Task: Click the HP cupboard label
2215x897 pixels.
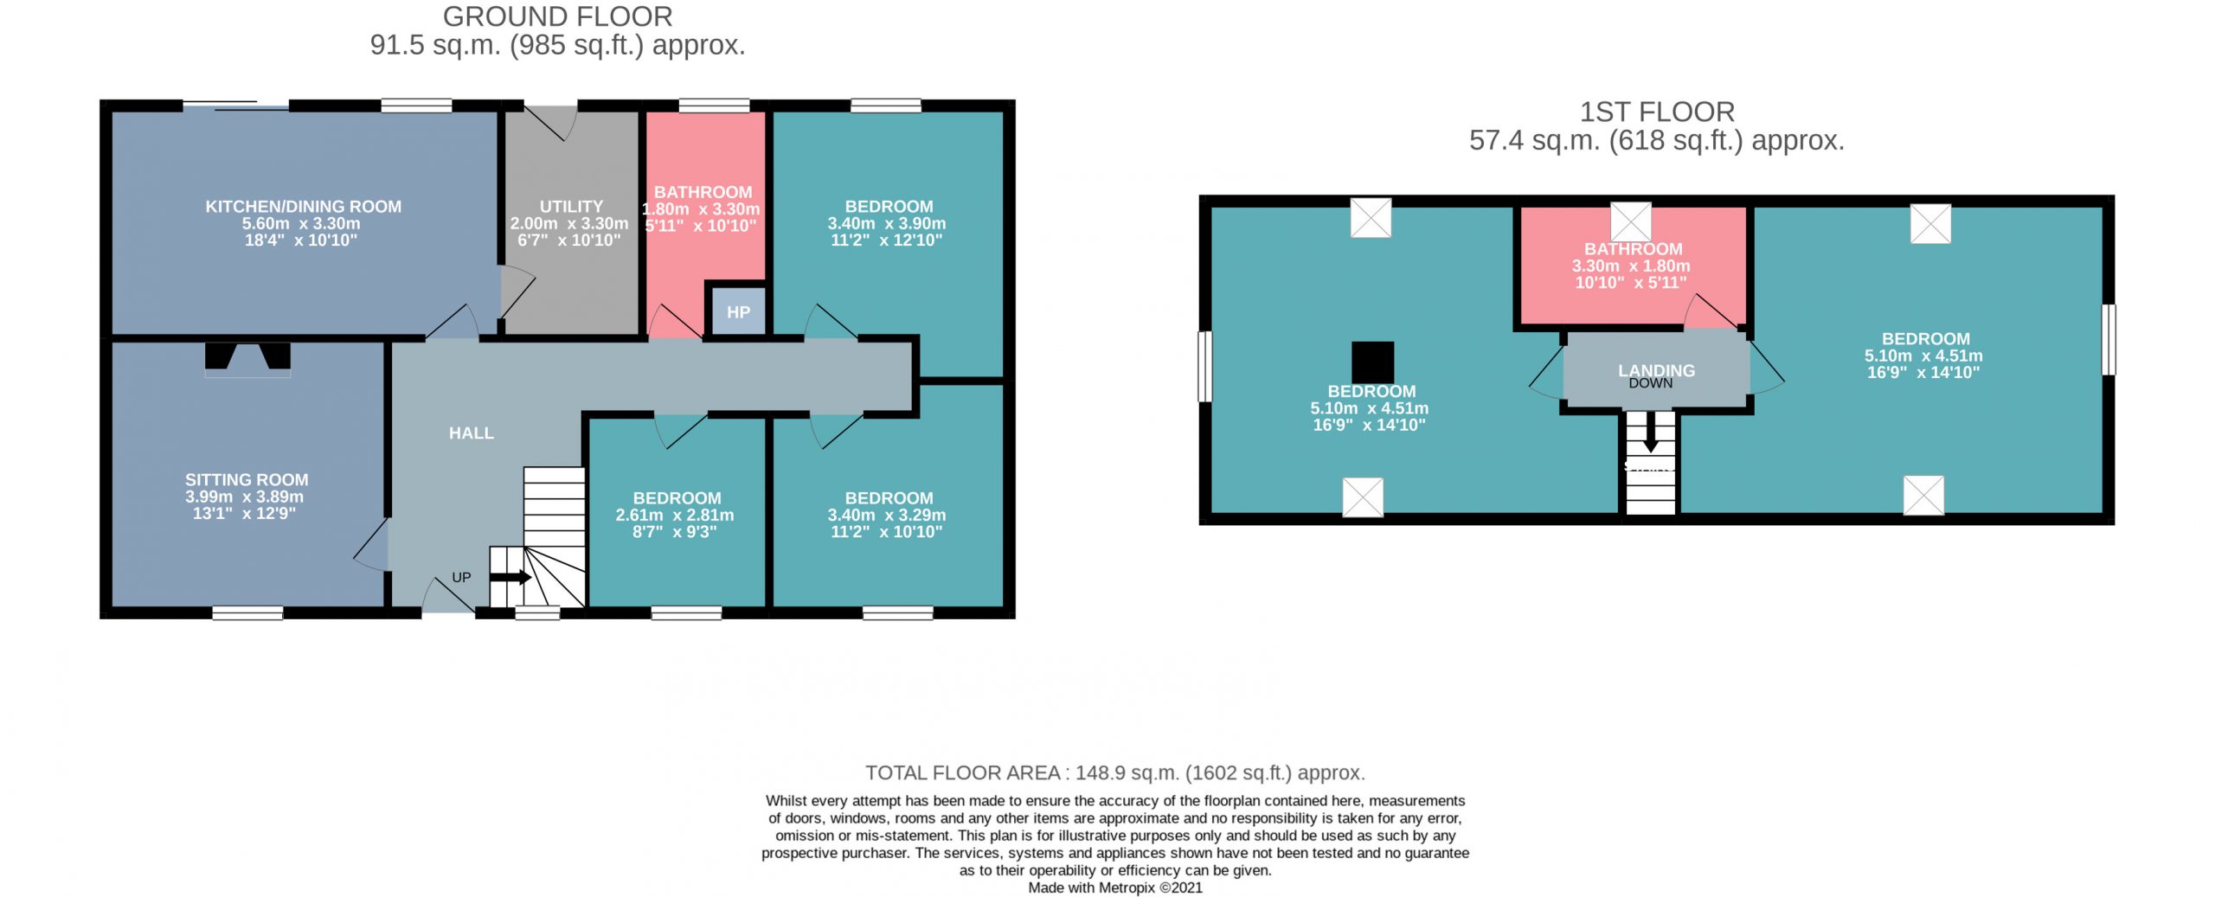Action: point(738,312)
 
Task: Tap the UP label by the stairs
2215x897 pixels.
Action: point(461,577)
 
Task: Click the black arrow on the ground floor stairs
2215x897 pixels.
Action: point(510,577)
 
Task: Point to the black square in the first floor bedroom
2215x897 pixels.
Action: point(1372,362)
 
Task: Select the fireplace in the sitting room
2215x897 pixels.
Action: point(247,359)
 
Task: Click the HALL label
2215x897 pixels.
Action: point(472,433)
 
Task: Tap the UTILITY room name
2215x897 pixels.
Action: point(571,207)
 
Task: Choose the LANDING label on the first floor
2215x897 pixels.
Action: point(1656,370)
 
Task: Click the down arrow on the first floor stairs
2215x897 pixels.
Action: point(1651,431)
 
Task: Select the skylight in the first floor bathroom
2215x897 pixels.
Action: point(1631,222)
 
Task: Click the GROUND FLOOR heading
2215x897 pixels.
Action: point(557,16)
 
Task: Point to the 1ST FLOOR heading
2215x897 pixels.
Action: point(1657,112)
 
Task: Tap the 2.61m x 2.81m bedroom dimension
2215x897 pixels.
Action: point(675,515)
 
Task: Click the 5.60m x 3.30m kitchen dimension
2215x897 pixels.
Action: point(301,223)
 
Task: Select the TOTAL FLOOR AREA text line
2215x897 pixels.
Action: point(1115,772)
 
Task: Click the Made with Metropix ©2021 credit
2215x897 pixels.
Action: point(1115,887)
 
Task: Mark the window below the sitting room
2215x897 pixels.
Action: point(247,613)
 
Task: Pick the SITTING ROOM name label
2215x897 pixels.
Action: point(247,480)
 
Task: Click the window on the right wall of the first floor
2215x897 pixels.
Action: point(2109,339)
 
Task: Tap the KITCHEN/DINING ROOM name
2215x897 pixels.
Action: point(303,207)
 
